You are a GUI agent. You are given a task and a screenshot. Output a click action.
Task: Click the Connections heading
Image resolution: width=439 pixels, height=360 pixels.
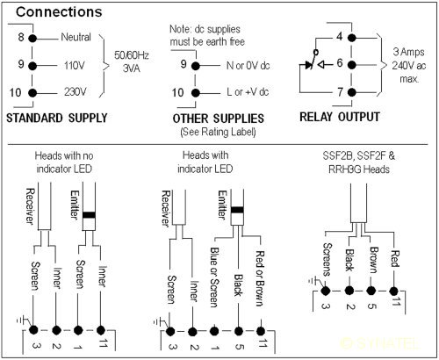coord(59,12)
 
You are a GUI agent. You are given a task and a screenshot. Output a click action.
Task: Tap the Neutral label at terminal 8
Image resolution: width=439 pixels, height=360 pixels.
coord(76,37)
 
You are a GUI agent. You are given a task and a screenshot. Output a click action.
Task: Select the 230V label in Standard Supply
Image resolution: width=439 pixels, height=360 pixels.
coord(76,92)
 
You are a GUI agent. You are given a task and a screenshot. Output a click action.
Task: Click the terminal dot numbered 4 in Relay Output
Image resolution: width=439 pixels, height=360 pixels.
coord(352,38)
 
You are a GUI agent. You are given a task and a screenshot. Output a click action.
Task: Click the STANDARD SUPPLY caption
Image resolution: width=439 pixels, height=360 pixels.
coord(57,118)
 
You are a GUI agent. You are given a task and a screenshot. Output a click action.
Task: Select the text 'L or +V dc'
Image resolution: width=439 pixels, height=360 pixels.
coord(248,92)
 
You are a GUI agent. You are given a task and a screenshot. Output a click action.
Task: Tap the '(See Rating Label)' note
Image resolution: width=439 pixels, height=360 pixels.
coord(218,132)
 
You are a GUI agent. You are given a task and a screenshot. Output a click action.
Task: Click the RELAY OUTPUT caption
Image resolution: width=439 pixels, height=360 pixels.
coord(340,117)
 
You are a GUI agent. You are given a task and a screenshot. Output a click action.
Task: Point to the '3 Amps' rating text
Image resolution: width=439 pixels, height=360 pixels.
coord(408,52)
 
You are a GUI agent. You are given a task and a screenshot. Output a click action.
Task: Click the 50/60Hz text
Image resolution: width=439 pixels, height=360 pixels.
coord(132,55)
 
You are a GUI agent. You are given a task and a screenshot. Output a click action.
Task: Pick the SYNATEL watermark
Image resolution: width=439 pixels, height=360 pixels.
coord(380,343)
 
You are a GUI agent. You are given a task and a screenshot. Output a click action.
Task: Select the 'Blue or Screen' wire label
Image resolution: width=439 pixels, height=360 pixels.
coord(215,277)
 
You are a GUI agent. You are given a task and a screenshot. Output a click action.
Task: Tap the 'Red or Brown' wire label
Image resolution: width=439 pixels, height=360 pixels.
coord(260,278)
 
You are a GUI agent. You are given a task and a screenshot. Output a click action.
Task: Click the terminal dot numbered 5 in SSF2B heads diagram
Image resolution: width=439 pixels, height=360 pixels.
coord(371,291)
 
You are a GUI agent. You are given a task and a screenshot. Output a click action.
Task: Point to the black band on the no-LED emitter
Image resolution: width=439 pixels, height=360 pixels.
coord(89,215)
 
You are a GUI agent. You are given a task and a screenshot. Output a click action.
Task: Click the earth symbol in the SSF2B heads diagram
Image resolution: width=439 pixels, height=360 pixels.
coord(315,281)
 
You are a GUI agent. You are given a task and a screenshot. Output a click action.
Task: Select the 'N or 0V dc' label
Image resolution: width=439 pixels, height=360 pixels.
coord(248,66)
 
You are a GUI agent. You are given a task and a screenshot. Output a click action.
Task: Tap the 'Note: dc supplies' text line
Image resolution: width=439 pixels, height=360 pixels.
coord(205,29)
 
